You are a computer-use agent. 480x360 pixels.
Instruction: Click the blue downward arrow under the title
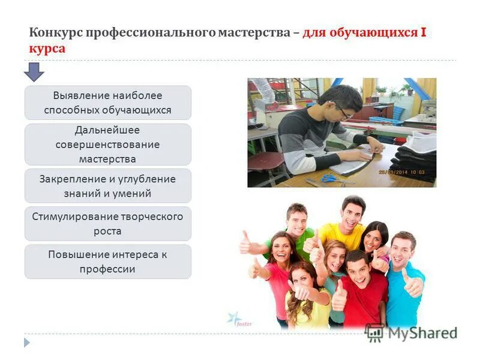click(34, 72)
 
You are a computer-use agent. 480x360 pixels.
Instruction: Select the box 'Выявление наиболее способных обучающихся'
click(107, 103)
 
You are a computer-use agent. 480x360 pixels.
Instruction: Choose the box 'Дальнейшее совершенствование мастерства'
click(107, 145)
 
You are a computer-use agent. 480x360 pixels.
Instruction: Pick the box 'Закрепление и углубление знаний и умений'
click(107, 186)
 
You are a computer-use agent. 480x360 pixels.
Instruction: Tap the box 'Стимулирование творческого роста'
click(107, 224)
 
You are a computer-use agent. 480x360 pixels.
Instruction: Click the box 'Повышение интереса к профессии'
click(107, 262)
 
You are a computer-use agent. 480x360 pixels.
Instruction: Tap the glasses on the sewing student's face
click(343, 112)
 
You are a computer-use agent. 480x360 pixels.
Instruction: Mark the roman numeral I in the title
click(424, 32)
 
